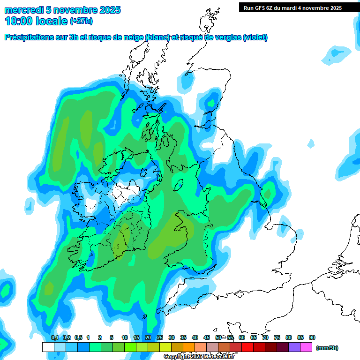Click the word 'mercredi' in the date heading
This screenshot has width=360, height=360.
(x=24, y=10)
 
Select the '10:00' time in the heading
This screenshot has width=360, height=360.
(x=18, y=21)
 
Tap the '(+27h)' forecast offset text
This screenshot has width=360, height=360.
(x=81, y=21)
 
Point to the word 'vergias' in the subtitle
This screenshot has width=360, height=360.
(x=228, y=37)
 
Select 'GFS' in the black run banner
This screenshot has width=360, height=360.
(x=259, y=8)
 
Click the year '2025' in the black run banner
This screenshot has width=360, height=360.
(x=333, y=8)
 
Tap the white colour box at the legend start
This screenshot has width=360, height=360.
(x=48, y=347)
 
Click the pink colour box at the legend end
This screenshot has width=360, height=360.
(x=306, y=347)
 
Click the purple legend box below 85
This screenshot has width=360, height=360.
(x=294, y=347)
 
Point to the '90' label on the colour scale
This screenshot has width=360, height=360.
(x=312, y=337)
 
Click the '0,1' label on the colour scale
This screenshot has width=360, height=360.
(x=54, y=337)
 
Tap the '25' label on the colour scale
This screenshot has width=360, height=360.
(x=160, y=337)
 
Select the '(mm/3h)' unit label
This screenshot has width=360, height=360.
(x=327, y=348)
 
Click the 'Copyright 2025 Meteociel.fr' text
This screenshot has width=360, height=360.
(x=199, y=357)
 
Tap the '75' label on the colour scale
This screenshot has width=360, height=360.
(x=277, y=337)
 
